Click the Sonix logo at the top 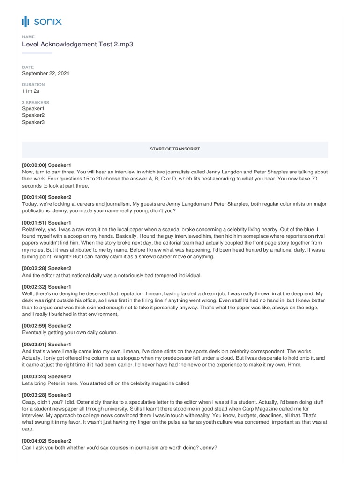click(x=41, y=21)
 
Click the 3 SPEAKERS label click(x=35, y=102)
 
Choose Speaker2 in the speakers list click(x=33, y=115)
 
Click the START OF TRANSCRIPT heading click(x=175, y=149)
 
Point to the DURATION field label click(x=33, y=85)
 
